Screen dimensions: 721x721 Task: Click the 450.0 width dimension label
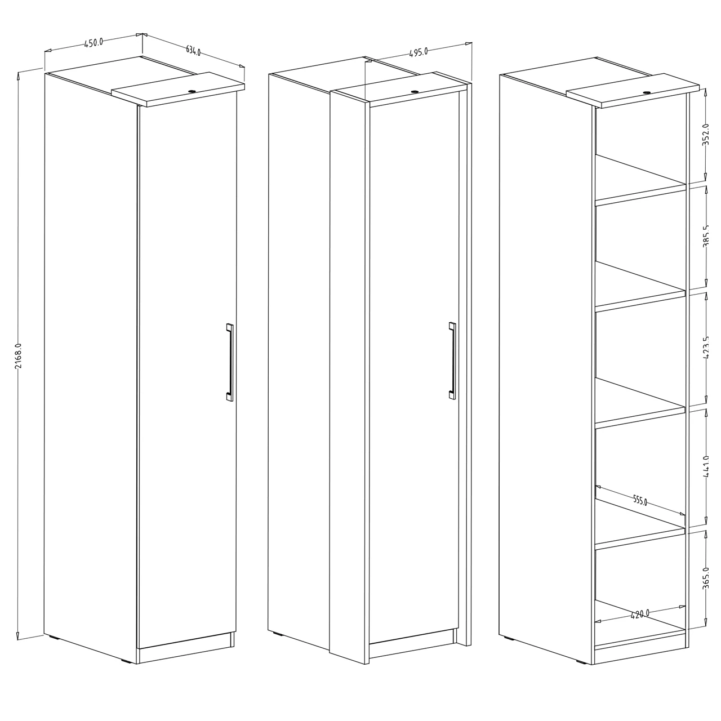[x=94, y=43]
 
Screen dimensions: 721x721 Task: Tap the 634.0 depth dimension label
[x=193, y=51]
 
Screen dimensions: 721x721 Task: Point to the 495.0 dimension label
[x=419, y=52]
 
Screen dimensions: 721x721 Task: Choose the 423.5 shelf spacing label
[x=706, y=348]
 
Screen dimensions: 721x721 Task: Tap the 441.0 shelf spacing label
[x=706, y=466]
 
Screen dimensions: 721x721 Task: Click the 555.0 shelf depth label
[x=640, y=500]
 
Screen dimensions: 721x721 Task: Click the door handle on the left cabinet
[x=229, y=362]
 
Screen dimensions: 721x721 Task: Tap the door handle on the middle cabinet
[x=452, y=360]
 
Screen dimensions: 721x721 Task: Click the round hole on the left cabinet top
[x=192, y=91]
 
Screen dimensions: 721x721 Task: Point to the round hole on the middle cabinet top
[x=415, y=91]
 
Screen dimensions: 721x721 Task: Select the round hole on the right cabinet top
[x=647, y=92]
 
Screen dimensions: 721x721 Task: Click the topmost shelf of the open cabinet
[x=640, y=180]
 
